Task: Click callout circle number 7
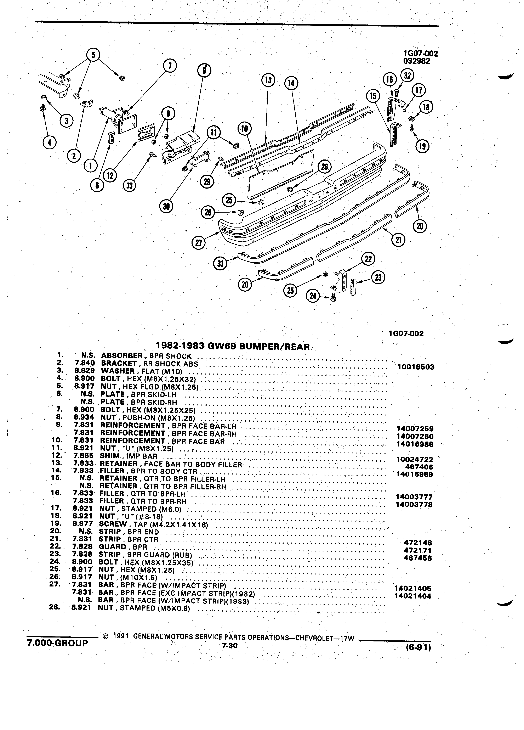tap(170, 66)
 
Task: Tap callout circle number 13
tap(268, 80)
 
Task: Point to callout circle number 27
tap(199, 243)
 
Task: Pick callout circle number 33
tap(130, 186)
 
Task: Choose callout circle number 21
tap(399, 240)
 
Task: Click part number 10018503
tap(416, 367)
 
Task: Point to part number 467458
tap(418, 558)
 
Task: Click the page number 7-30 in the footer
tap(229, 645)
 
